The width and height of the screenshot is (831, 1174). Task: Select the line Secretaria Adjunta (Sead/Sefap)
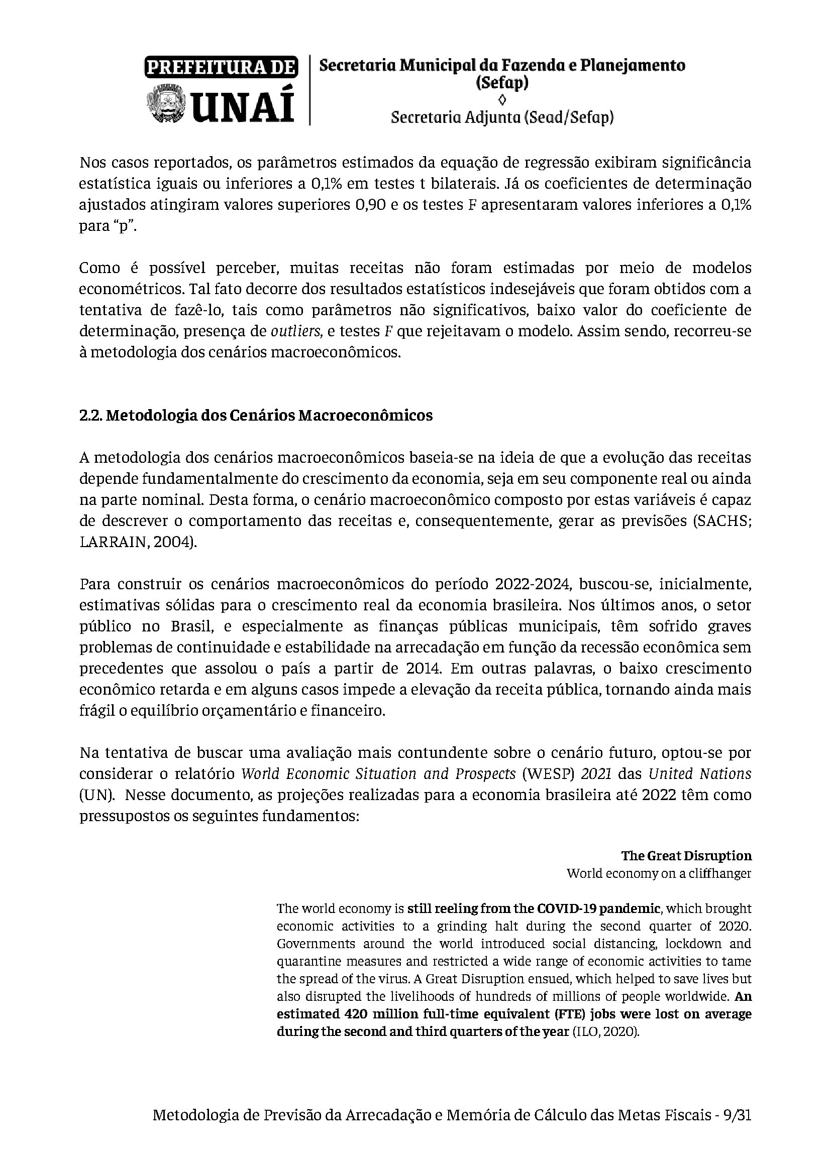point(502,117)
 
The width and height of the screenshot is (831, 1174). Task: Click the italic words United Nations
point(699,774)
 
